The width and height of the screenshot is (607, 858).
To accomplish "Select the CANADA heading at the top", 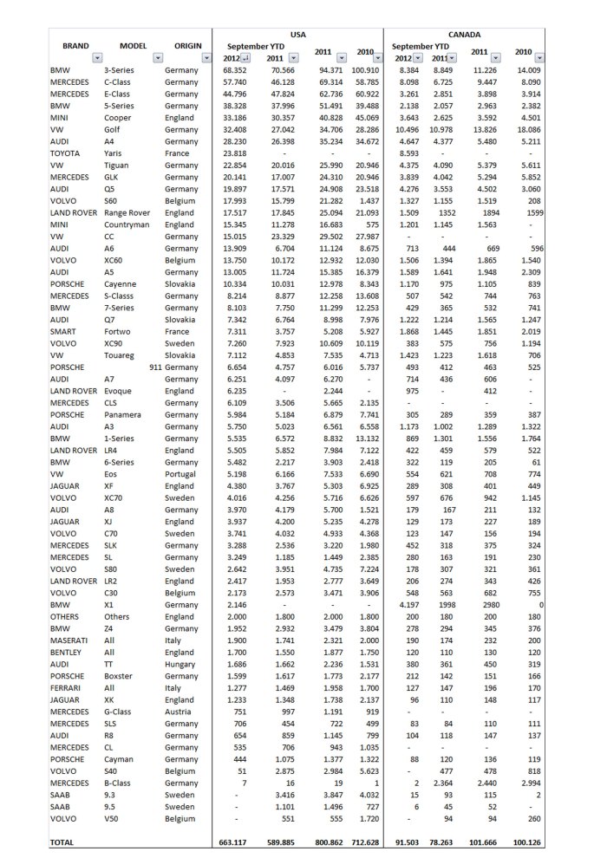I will [x=464, y=33].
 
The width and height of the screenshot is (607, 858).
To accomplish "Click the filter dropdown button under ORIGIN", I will [x=206, y=57].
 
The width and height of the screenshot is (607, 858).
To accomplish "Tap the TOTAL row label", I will [x=62, y=842].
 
